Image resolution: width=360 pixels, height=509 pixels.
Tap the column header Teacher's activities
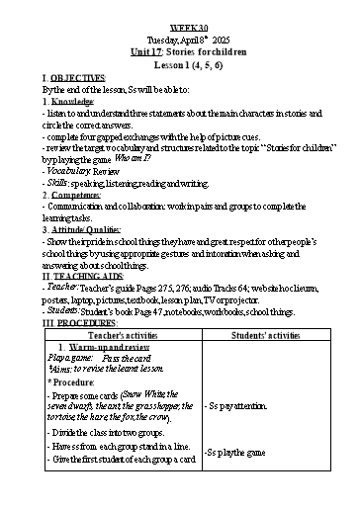point(122,336)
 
